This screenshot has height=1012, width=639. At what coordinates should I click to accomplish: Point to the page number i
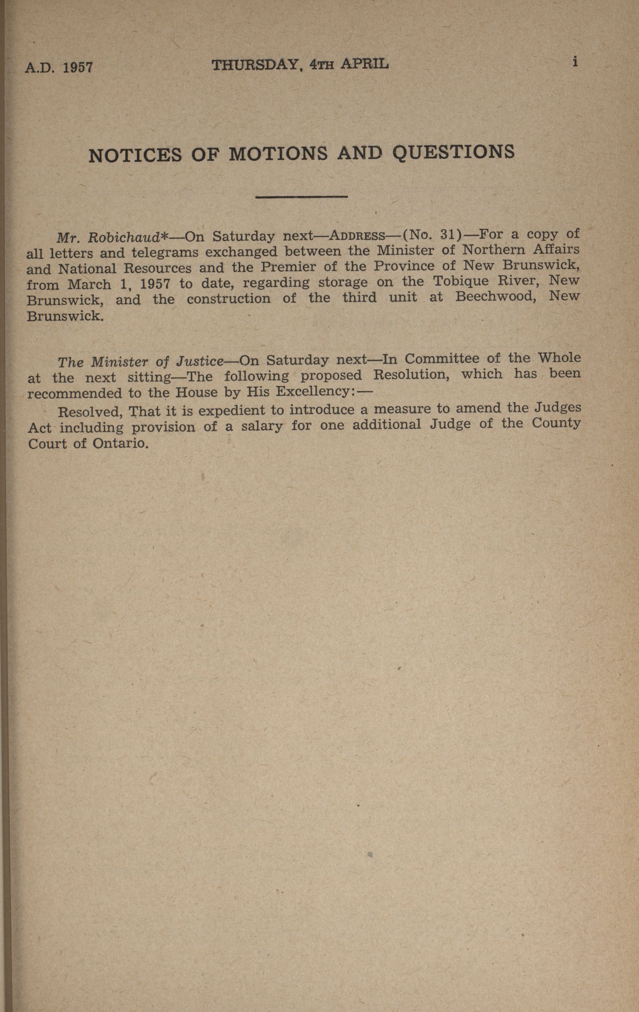pos(575,62)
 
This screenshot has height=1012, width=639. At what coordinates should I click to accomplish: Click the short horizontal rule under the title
pos(301,197)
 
